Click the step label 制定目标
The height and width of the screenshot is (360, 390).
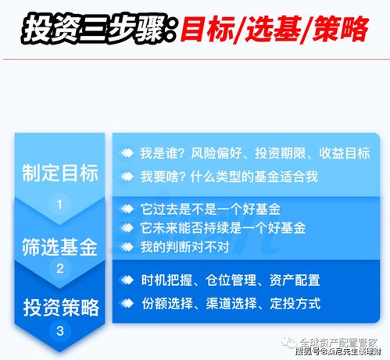[60, 173]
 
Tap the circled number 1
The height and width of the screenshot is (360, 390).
[60, 205]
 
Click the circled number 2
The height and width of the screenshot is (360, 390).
[60, 268]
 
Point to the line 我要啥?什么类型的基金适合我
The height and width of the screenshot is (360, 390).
[228, 176]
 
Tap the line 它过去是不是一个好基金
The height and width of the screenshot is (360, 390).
[211, 210]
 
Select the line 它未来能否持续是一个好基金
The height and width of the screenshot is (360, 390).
[222, 228]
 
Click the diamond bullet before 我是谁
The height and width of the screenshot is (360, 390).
[125, 154]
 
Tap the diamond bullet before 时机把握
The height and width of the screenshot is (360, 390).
[125, 280]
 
